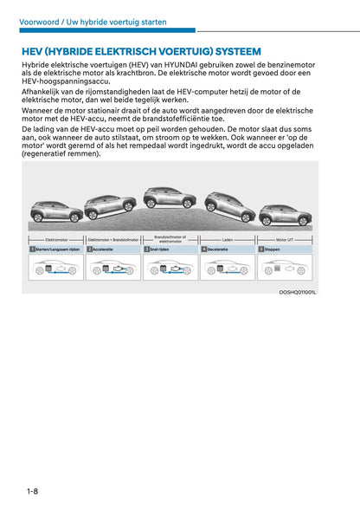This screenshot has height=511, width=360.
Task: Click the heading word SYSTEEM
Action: click(227, 51)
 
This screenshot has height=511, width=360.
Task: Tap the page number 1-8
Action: click(32, 491)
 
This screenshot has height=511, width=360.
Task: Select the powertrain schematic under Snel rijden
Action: click(170, 268)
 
